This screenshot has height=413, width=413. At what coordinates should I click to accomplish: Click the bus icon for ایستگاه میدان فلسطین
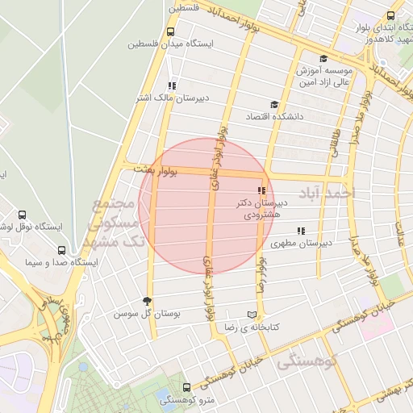tap(169, 31)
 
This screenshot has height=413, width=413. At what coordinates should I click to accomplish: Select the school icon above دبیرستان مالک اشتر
tap(171, 85)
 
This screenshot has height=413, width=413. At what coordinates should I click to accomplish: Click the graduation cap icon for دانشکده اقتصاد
tap(274, 104)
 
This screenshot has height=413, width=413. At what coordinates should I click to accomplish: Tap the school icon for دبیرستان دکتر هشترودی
tap(261, 190)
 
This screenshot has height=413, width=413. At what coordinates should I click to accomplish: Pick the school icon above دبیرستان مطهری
tap(301, 231)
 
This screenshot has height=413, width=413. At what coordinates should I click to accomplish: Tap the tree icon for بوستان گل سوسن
tap(146, 301)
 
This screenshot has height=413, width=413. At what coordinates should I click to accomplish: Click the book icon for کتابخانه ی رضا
tap(252, 315)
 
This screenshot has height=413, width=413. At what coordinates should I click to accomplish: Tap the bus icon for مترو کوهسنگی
tap(187, 387)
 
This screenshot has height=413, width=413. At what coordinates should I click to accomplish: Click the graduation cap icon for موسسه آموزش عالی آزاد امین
tap(323, 58)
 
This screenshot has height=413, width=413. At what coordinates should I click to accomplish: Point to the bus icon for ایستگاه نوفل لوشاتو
tap(22, 215)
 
